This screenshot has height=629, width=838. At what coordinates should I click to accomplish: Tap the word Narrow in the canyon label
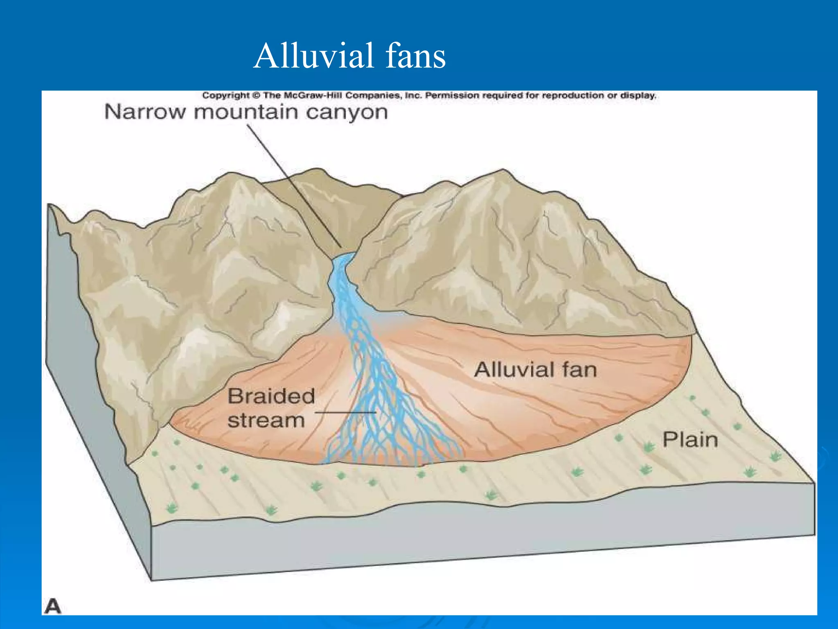145,112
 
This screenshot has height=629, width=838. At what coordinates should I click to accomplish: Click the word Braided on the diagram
271,396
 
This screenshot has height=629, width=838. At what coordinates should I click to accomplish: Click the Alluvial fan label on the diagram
536,370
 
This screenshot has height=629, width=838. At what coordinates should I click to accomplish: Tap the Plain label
690,440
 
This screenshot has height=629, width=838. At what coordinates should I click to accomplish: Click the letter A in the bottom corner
53,606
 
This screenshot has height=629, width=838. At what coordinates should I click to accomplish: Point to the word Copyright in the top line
226,95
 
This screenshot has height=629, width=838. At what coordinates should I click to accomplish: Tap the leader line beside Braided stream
346,413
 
